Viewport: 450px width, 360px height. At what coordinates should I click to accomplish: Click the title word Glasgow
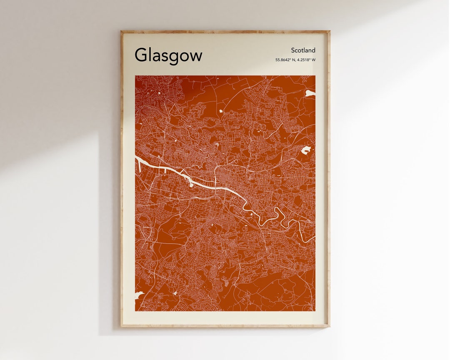[x=168, y=55]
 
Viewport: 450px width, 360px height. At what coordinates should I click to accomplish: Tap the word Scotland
[x=303, y=50]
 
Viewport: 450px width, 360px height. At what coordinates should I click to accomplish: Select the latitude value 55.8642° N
[x=285, y=60]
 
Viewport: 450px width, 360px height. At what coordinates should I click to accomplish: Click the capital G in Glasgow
[x=141, y=55]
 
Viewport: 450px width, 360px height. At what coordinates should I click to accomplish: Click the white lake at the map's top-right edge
[x=310, y=93]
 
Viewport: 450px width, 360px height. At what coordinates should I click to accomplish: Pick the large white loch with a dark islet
[x=306, y=150]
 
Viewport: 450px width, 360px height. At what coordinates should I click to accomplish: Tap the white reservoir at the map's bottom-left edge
[x=138, y=295]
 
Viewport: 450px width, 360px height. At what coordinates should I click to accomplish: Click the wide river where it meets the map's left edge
[x=137, y=158]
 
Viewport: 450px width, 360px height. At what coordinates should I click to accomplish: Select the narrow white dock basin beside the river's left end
[x=139, y=165]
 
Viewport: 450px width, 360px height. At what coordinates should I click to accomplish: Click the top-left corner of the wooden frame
[x=121, y=31]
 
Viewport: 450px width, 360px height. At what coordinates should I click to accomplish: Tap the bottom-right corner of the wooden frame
[x=329, y=326]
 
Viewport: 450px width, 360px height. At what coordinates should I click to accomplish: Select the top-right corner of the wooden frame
[x=329, y=31]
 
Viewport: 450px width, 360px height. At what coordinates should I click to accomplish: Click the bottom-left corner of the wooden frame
[x=121, y=326]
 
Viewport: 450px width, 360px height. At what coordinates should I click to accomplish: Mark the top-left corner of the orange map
[x=135, y=76]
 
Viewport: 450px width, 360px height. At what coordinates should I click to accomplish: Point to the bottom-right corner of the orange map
[x=315, y=311]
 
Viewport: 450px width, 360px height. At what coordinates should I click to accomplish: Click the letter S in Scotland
[x=292, y=50]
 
